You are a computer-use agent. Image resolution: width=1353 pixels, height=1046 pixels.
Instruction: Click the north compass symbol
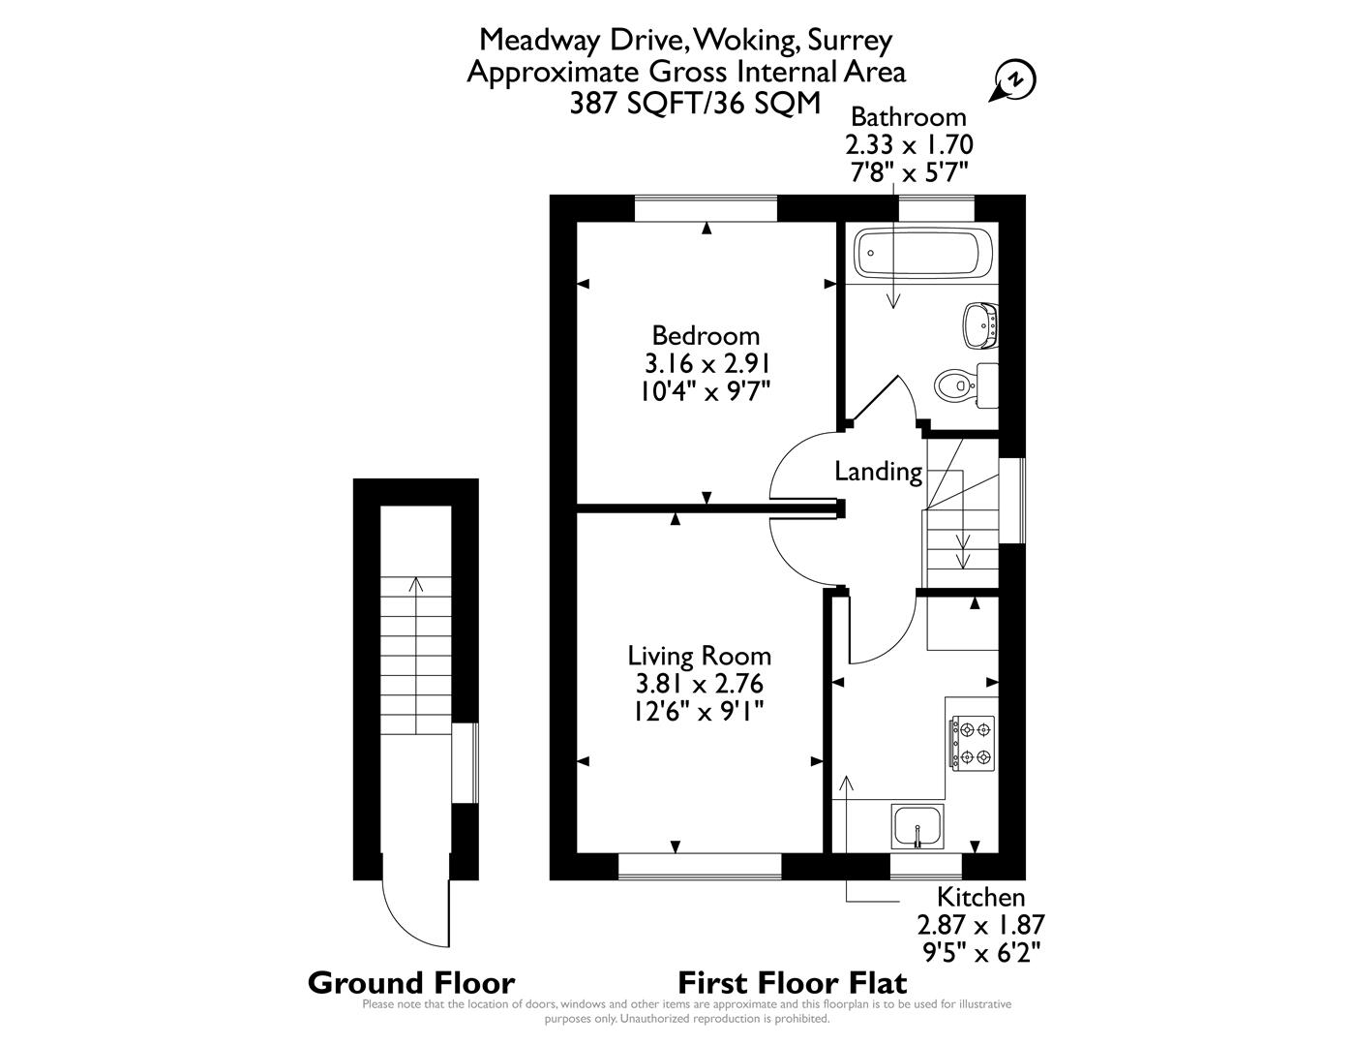click(x=1013, y=80)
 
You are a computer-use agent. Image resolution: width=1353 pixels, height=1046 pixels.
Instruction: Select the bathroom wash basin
click(x=980, y=323)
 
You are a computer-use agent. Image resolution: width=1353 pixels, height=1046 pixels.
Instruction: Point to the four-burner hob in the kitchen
click(x=972, y=743)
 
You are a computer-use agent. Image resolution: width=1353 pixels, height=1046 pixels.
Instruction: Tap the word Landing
click(x=878, y=472)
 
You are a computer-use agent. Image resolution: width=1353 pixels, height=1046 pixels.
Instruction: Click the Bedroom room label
click(x=706, y=336)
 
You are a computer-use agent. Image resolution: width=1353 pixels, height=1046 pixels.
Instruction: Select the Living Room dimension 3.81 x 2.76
click(x=699, y=684)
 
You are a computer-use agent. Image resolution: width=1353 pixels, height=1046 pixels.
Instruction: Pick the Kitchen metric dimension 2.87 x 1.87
click(x=980, y=924)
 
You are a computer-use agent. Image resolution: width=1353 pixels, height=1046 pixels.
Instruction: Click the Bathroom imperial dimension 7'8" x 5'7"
click(x=908, y=170)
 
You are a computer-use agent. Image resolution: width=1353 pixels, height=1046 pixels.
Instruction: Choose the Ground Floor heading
click(x=410, y=983)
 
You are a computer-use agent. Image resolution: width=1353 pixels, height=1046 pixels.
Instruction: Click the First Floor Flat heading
click(x=792, y=983)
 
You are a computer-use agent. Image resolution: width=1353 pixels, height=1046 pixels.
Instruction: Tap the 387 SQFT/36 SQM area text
click(x=695, y=103)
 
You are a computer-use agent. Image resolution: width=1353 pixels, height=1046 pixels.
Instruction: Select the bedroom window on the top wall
click(x=706, y=208)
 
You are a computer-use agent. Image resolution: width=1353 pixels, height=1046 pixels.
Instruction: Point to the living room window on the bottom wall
click(x=699, y=867)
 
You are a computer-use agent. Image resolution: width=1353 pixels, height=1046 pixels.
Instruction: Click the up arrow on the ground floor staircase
click(x=416, y=584)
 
